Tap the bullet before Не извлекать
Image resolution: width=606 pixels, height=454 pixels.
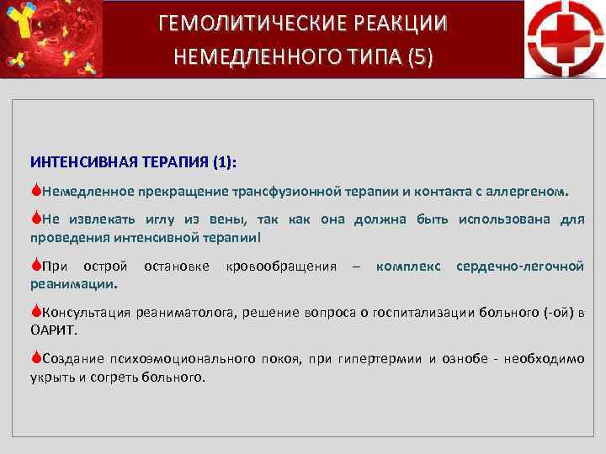pos(36,219)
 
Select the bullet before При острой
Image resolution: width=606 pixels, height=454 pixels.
pos(36,267)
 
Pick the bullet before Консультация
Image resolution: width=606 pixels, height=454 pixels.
pos(36,313)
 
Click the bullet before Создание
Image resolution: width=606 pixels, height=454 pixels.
pos(36,359)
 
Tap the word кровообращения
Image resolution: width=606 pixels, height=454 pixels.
pos(280,267)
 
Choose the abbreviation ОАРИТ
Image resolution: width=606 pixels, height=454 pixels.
pos(53,330)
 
